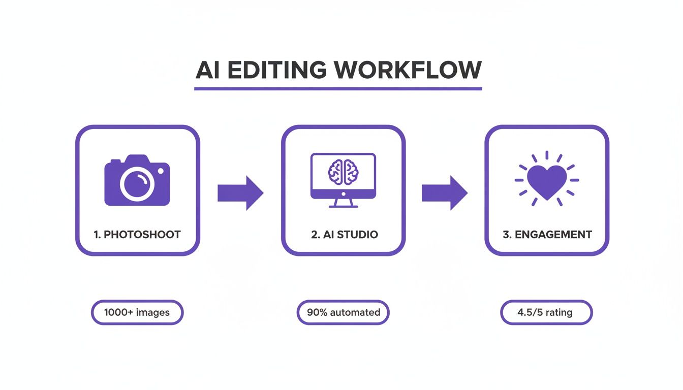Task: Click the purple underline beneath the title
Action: click(338, 89)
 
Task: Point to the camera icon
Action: click(137, 181)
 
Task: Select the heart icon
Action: click(547, 181)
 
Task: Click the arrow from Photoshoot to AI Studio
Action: click(240, 193)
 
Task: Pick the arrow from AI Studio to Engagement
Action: click(444, 193)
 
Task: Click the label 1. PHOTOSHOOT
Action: click(137, 235)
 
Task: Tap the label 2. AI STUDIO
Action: click(344, 235)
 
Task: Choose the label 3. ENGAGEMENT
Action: click(547, 235)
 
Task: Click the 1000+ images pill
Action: click(137, 312)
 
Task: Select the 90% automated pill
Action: click(343, 312)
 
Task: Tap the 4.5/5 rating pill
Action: click(546, 312)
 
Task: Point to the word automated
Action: click(355, 312)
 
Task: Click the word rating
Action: click(558, 312)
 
